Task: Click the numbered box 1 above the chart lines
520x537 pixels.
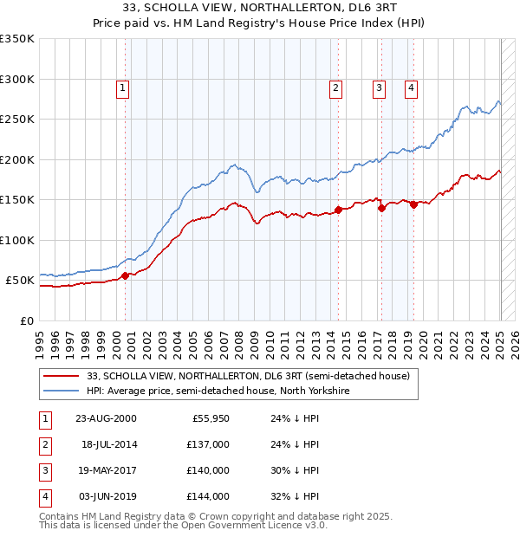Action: [x=123, y=87]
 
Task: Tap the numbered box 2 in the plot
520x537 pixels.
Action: [x=335, y=87]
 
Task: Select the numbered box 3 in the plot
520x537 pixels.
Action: [x=379, y=87]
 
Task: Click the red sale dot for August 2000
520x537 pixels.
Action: [x=125, y=275]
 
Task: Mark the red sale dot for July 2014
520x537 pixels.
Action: [x=338, y=210]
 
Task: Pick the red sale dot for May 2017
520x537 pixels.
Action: [x=381, y=208]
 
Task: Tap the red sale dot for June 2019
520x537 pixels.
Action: [x=413, y=204]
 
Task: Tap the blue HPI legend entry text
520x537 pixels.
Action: [x=217, y=391]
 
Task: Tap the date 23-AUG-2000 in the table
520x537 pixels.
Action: [x=107, y=418]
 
